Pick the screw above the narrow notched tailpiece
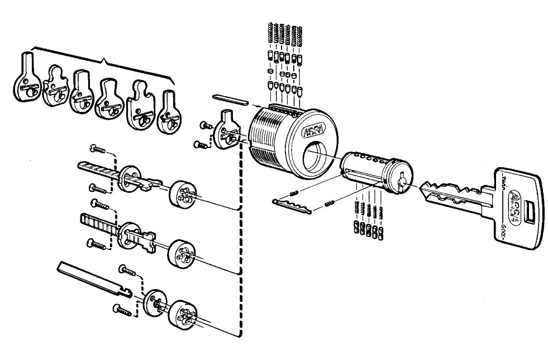click(x=97, y=148)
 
